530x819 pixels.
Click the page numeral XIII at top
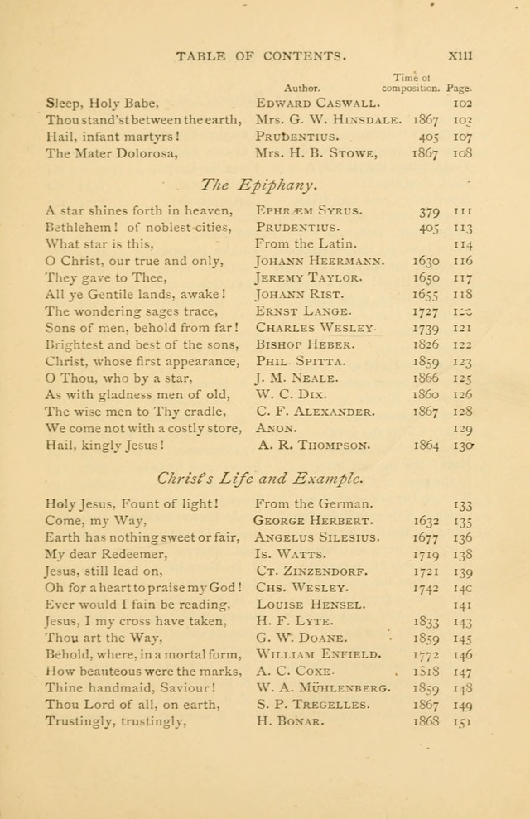[459, 55]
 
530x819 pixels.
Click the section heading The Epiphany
[260, 183]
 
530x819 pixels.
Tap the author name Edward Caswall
[318, 104]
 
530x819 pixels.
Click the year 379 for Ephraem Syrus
[429, 211]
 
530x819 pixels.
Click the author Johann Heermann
[319, 261]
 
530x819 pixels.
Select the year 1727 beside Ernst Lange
[426, 311]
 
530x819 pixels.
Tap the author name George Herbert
[314, 521]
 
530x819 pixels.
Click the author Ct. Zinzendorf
[311, 571]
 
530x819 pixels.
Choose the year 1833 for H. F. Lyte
[426, 621]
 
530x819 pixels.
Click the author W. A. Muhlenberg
[322, 688]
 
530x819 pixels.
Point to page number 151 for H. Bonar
[461, 721]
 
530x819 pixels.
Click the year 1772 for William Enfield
[426, 654]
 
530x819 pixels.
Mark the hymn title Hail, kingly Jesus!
[104, 445]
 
